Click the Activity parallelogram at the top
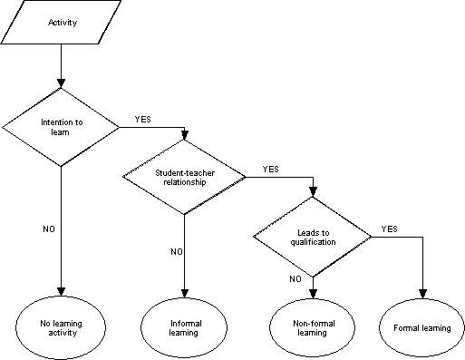pos(61,23)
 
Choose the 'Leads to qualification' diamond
pos(312,237)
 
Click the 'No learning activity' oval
pos(61,327)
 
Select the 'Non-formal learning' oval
pos(312,327)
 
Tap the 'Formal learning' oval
pos(422,327)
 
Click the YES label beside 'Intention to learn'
pos(143,118)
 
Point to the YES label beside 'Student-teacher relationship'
pos(271,169)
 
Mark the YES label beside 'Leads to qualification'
pos(390,229)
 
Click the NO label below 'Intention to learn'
pos(49,229)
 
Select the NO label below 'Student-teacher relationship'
pos(177,251)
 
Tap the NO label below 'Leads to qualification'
pos(295,279)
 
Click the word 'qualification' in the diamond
pos(312,241)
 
